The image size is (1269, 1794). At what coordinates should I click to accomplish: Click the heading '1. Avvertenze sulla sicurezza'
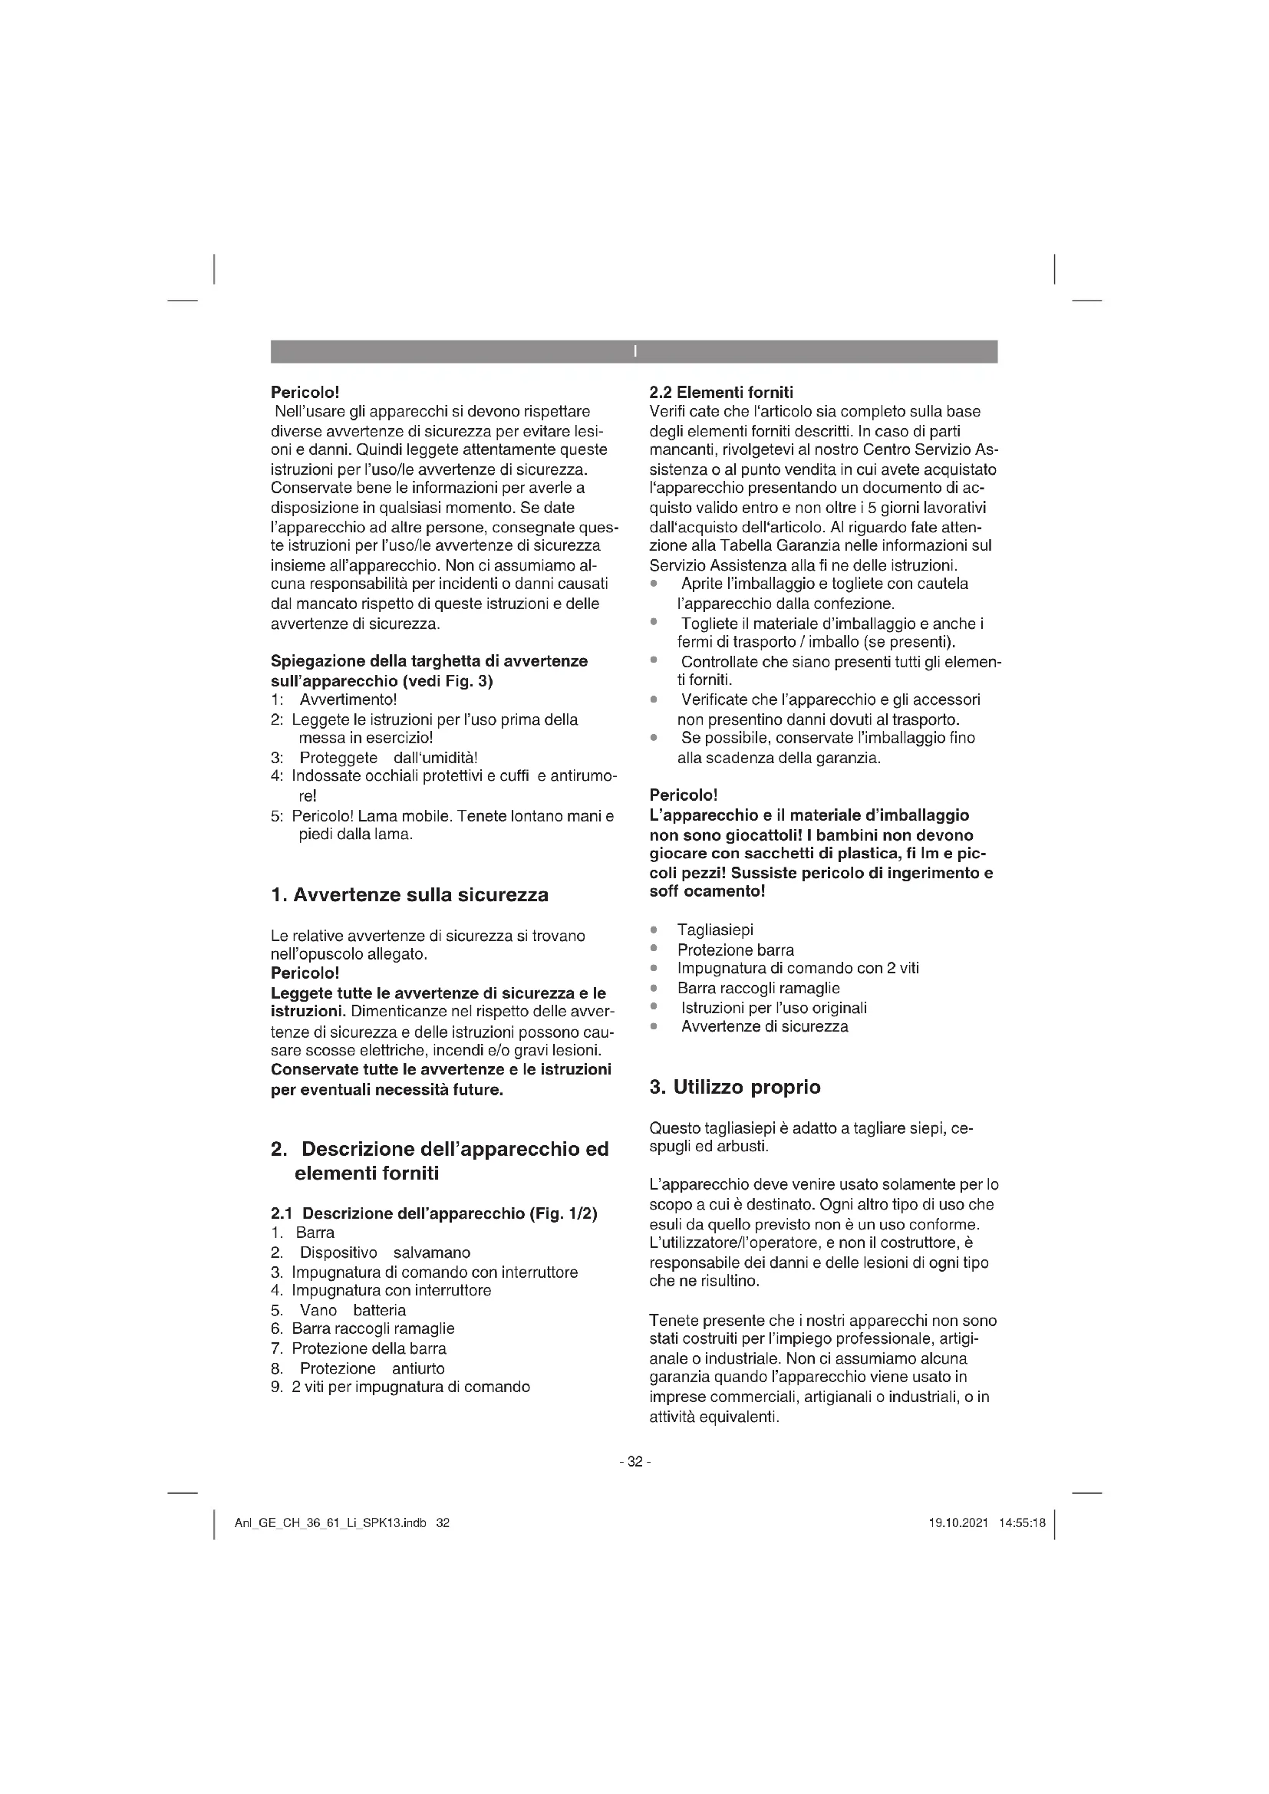point(410,894)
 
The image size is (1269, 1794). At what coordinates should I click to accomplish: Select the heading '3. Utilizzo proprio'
point(734,1087)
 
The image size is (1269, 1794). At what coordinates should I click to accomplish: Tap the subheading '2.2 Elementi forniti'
point(720,392)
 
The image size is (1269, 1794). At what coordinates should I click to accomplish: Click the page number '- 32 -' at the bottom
point(634,1462)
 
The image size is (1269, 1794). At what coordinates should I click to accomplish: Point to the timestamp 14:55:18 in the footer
point(1021,1523)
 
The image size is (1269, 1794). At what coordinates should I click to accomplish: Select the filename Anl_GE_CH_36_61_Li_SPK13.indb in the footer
point(331,1523)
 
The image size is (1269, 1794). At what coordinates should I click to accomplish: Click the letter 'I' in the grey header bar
point(634,351)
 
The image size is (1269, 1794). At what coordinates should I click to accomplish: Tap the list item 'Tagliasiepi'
point(715,930)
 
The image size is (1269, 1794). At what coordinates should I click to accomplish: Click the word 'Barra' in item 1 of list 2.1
point(315,1233)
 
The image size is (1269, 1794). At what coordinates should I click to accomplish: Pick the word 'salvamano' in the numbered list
point(431,1253)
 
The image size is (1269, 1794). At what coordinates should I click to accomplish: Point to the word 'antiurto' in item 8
point(418,1368)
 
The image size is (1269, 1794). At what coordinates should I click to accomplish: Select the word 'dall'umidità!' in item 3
point(430,758)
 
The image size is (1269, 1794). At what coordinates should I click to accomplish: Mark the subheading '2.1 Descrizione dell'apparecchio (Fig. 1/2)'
point(433,1213)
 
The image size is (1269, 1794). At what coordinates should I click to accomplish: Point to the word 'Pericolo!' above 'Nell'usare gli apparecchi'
point(305,392)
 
